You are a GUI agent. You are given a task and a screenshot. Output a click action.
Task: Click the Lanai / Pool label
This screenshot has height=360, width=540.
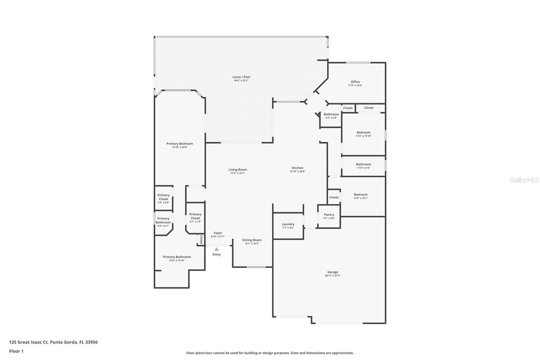[241, 77]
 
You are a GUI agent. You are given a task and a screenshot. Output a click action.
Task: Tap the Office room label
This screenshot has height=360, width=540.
[355, 82]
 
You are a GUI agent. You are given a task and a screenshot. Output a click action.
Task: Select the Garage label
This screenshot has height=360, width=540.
[332, 272]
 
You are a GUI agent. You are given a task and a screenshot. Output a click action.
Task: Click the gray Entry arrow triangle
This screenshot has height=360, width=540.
[217, 249]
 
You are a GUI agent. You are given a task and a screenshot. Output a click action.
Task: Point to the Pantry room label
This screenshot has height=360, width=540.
[329, 214]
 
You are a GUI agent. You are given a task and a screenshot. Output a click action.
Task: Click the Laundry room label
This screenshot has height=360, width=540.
[288, 224]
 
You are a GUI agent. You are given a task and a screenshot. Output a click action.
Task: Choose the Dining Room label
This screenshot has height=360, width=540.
[252, 240]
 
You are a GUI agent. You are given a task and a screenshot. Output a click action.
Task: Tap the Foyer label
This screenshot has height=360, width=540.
[218, 233]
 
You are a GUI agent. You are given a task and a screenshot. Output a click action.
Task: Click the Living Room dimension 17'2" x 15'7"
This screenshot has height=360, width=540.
[238, 173]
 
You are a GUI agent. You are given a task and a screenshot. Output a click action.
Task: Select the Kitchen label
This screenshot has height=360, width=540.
[297, 168]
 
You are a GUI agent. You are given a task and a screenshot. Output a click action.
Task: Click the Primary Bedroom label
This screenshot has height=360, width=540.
[180, 144]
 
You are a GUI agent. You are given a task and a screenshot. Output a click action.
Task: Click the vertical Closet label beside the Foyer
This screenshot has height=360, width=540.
[201, 239]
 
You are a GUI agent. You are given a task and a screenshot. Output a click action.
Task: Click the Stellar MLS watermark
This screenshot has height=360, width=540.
[524, 180]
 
